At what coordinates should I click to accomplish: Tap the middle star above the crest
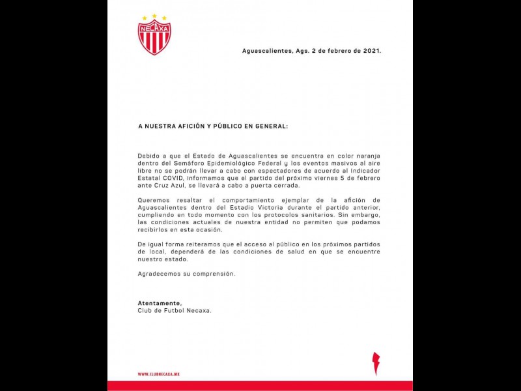click(x=154, y=16)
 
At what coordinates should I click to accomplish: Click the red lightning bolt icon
click(x=376, y=363)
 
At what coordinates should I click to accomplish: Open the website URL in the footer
click(x=158, y=374)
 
